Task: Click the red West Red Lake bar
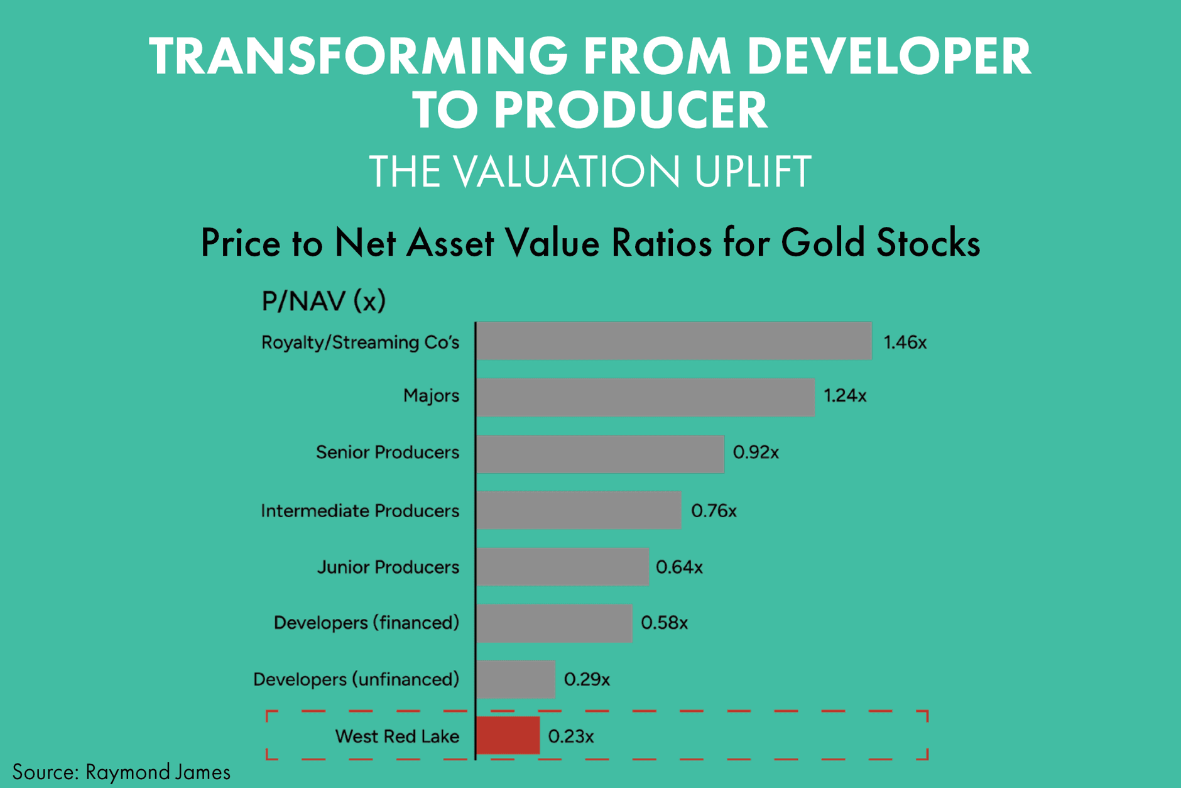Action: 508,735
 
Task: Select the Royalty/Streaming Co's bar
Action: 673,341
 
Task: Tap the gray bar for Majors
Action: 645,397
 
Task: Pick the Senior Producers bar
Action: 600,454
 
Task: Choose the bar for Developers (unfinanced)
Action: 516,679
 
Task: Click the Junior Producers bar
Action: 562,567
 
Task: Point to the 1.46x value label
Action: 905,342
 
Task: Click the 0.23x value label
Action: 570,736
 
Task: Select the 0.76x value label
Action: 714,511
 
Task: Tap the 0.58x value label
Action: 664,623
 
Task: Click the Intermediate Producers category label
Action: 360,511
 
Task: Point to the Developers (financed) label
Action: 366,623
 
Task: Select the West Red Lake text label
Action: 397,736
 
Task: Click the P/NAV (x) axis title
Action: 323,301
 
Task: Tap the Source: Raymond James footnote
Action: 121,772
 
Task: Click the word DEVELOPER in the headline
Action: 888,57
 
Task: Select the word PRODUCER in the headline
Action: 630,111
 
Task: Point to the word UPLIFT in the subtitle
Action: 753,172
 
